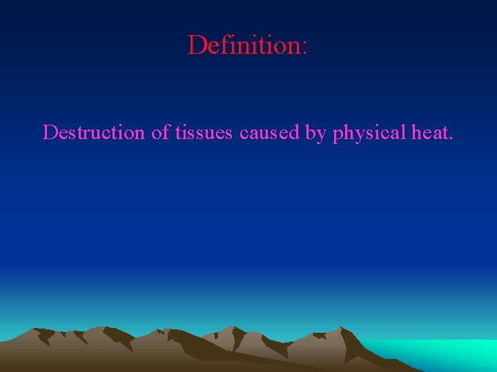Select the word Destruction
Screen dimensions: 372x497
coord(94,132)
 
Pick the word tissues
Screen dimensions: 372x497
coord(204,132)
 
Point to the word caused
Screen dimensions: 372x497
coord(270,132)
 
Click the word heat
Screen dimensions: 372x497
coord(429,132)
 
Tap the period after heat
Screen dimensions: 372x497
coord(451,138)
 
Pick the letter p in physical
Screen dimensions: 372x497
coord(338,135)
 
